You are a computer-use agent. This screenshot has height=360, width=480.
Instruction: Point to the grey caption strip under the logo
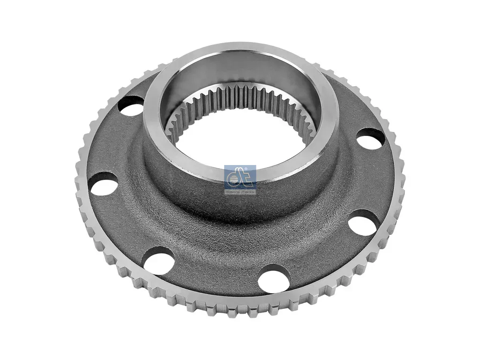[x=240, y=191]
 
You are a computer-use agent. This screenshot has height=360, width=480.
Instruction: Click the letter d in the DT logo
[x=234, y=177]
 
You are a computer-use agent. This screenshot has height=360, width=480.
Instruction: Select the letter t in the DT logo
[x=246, y=177]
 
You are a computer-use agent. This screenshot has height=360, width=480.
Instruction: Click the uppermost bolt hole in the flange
[x=131, y=106]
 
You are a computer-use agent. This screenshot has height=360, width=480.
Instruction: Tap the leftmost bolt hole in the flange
[x=103, y=183]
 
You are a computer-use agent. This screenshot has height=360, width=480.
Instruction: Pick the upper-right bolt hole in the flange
[x=370, y=139]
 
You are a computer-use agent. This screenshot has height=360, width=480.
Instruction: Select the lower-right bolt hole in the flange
[x=363, y=223]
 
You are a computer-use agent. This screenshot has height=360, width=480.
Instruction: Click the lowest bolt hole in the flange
[x=274, y=278]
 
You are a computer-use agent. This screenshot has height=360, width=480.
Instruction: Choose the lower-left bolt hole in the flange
[x=158, y=260]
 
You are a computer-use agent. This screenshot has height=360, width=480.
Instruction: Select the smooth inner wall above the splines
[x=244, y=70]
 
